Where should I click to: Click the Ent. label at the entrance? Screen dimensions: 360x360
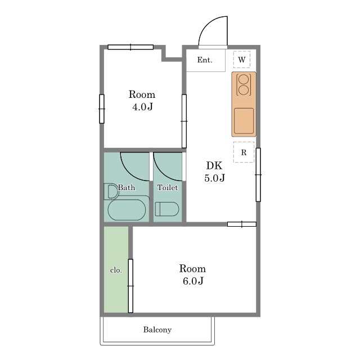(x=205, y=60)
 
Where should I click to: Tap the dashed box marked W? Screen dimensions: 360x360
(x=242, y=60)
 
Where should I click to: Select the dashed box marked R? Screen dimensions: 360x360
(x=244, y=152)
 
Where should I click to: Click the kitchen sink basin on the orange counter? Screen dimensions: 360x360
(x=244, y=121)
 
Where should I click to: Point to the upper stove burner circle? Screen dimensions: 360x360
(x=244, y=79)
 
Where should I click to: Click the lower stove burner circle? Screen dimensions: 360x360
(x=244, y=90)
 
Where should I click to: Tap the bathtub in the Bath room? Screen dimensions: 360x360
(x=127, y=210)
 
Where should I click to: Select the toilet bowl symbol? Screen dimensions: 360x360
(x=167, y=209)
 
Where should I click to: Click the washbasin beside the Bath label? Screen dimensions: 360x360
(x=111, y=191)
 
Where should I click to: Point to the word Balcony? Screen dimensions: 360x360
(x=157, y=330)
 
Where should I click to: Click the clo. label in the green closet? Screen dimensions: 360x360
(x=116, y=270)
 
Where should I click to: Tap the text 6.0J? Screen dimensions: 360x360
(x=193, y=281)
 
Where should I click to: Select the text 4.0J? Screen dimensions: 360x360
(x=142, y=107)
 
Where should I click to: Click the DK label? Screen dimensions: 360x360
(x=214, y=165)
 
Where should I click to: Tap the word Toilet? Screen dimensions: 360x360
(x=168, y=187)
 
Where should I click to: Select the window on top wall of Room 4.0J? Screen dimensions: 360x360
(x=130, y=47)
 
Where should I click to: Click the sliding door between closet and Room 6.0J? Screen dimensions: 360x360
(x=130, y=286)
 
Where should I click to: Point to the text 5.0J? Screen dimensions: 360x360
(x=215, y=178)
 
